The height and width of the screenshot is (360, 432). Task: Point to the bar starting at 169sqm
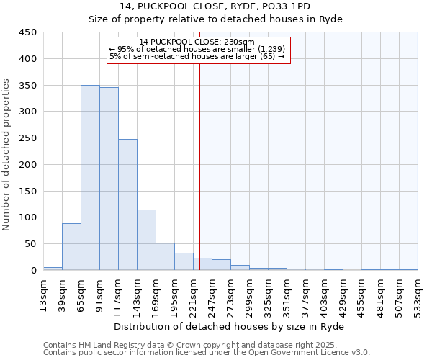(x=165, y=256)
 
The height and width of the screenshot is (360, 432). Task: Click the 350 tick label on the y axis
(x=28, y=86)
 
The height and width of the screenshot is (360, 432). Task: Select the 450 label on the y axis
(x=28, y=32)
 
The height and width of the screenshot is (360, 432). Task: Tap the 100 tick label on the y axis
(x=28, y=217)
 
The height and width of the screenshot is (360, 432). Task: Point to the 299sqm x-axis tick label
(x=250, y=295)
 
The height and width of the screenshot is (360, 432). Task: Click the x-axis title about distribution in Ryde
(x=229, y=327)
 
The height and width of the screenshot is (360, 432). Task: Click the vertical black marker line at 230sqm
(x=199, y=180)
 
